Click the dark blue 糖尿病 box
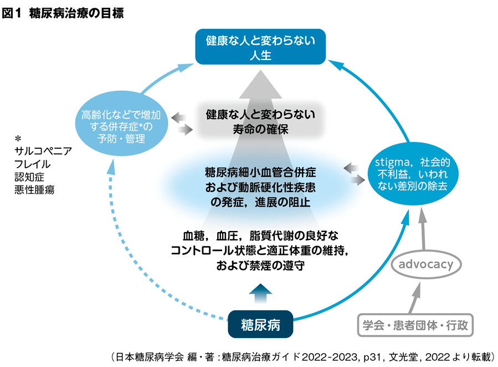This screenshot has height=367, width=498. (260, 324)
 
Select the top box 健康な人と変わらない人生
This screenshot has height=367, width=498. (260, 47)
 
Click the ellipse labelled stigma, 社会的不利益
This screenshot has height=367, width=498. (413, 174)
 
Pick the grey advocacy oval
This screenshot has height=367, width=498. (426, 264)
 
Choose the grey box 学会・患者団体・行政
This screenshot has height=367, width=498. (415, 325)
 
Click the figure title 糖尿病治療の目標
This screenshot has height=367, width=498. (76, 13)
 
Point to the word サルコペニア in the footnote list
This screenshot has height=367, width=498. (43, 151)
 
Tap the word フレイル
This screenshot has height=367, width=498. (32, 164)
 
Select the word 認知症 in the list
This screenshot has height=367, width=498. (29, 177)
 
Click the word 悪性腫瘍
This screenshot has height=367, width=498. (34, 190)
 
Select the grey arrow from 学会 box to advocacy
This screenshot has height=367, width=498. (415, 298)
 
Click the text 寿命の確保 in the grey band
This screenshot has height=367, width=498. (260, 129)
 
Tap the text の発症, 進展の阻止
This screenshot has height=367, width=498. (260, 202)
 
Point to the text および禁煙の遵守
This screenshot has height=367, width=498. (260, 265)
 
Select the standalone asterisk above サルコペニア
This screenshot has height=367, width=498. (18, 139)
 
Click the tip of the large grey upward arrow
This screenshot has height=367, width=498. (260, 70)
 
